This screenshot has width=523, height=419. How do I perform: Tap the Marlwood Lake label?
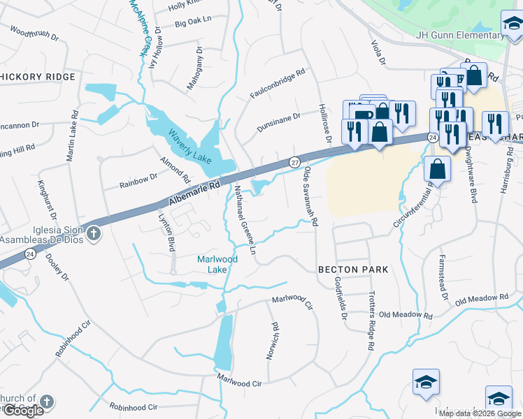217,264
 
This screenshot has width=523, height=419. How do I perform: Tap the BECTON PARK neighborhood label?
352,269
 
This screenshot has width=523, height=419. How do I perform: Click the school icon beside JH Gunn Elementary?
512,24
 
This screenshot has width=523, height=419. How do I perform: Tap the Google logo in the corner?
23,411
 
